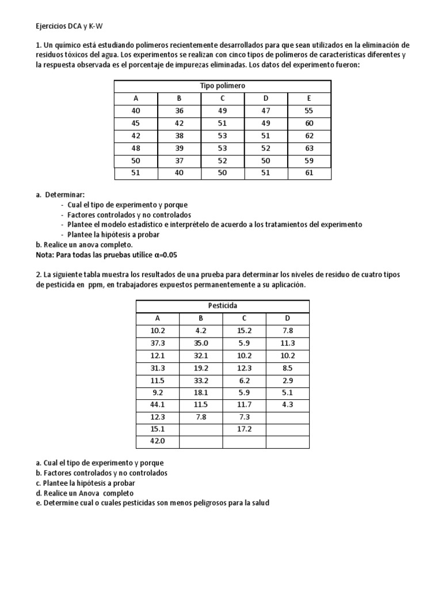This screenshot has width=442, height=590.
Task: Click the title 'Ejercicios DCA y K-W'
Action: [x=66, y=26]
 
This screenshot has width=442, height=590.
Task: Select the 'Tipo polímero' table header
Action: [x=222, y=86]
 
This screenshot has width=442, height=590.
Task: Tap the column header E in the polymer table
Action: [x=309, y=99]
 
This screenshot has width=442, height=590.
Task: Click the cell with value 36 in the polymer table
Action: [x=179, y=111]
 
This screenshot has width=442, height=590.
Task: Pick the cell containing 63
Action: [x=309, y=148]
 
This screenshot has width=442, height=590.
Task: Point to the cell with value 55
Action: [x=309, y=111]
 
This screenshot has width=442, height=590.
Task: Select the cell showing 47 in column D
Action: [x=265, y=111]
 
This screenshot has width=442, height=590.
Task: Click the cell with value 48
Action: [x=136, y=148]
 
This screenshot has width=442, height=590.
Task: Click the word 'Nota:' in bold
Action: [x=45, y=254]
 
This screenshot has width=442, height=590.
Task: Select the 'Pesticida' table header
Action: [x=222, y=305]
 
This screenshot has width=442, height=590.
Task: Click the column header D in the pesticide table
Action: [x=287, y=317]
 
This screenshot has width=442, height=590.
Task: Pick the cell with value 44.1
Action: [x=157, y=404]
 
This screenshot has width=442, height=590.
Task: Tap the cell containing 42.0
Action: [x=157, y=441]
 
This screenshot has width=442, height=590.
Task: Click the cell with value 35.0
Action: [x=201, y=342]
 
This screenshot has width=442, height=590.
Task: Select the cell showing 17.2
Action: [x=244, y=429]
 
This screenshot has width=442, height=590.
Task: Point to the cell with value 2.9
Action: [x=287, y=380]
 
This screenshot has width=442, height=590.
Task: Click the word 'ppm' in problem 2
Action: [x=96, y=285]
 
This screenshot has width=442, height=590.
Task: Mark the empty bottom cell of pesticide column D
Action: [x=287, y=441]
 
